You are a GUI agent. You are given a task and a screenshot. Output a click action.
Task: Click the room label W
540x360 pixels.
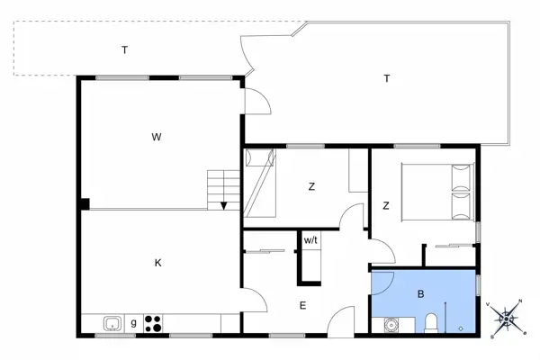(156, 138)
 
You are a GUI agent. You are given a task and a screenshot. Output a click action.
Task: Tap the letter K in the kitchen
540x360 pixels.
(157, 263)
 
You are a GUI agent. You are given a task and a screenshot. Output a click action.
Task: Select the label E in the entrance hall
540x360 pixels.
(302, 306)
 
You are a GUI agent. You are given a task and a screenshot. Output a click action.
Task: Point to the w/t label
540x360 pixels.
(310, 240)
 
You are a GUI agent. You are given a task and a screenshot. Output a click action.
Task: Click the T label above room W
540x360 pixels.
(124, 50)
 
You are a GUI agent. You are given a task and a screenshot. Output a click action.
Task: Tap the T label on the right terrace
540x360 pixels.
(387, 78)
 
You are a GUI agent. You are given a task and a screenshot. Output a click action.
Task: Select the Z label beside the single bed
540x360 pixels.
(311, 187)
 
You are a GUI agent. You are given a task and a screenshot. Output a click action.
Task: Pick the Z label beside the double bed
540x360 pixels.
(385, 206)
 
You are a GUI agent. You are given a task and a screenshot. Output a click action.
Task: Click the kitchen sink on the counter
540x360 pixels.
(112, 323)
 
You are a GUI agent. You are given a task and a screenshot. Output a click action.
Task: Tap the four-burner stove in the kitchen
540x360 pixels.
(152, 323)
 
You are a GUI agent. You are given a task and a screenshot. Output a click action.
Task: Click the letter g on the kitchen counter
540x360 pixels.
(133, 322)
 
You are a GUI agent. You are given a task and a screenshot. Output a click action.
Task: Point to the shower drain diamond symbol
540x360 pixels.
(461, 328)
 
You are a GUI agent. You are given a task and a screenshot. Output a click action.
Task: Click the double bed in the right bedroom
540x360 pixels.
(438, 191)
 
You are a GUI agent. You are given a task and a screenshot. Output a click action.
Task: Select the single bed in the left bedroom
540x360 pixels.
(258, 184)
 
